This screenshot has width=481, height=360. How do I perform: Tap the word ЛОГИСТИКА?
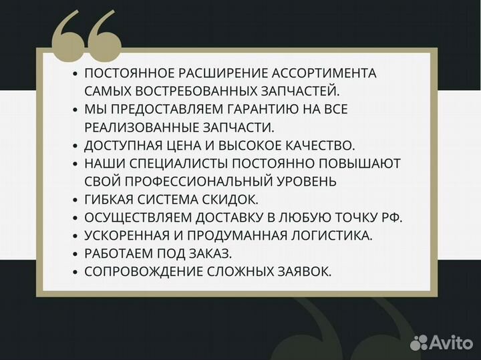point(332,236)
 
